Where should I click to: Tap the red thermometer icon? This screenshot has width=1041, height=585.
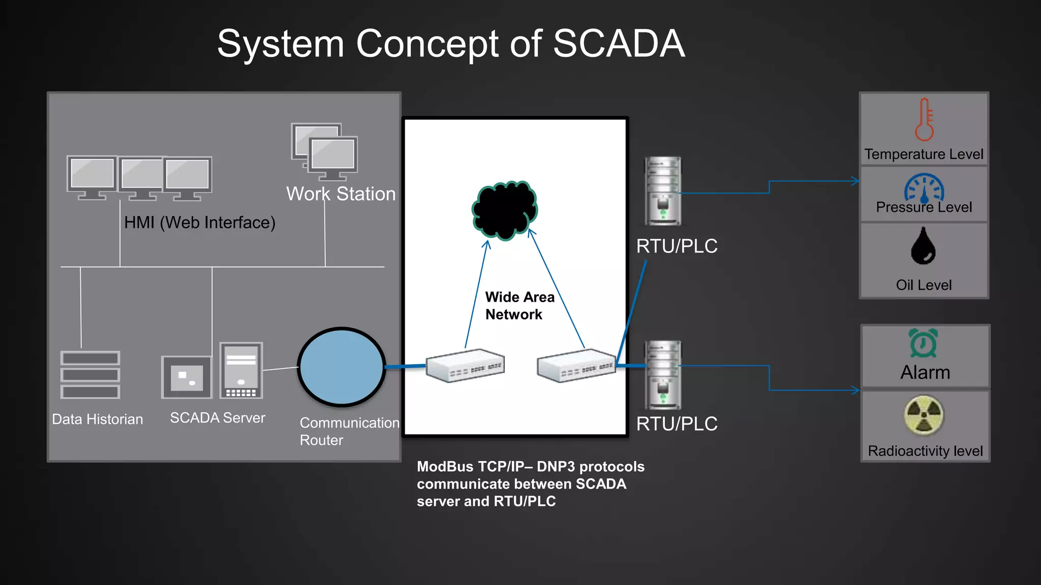pos(924,120)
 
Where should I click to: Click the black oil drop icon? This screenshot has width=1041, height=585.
pos(923,246)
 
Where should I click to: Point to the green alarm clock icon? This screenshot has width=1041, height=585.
pos(924,343)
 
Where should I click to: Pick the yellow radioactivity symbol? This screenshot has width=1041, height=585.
pos(924,416)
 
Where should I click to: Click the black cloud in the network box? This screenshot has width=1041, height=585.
pos(505,210)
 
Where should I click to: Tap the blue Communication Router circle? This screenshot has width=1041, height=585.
pos(342,367)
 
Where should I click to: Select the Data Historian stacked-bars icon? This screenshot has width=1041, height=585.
pos(90,375)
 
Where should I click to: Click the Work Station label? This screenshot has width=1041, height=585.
pos(341,194)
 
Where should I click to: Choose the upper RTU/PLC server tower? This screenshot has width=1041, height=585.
pos(663,191)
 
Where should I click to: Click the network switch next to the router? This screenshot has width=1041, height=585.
pos(465,366)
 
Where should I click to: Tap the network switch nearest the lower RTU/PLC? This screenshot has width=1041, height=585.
pos(576,366)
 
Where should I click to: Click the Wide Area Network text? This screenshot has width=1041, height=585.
pos(519,306)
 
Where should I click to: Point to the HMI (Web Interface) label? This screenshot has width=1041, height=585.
pos(200,222)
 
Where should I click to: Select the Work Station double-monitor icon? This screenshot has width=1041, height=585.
pos(325,151)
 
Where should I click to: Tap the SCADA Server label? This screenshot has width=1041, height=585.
pos(218,418)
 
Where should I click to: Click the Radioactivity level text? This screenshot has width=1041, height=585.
pos(925,451)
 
